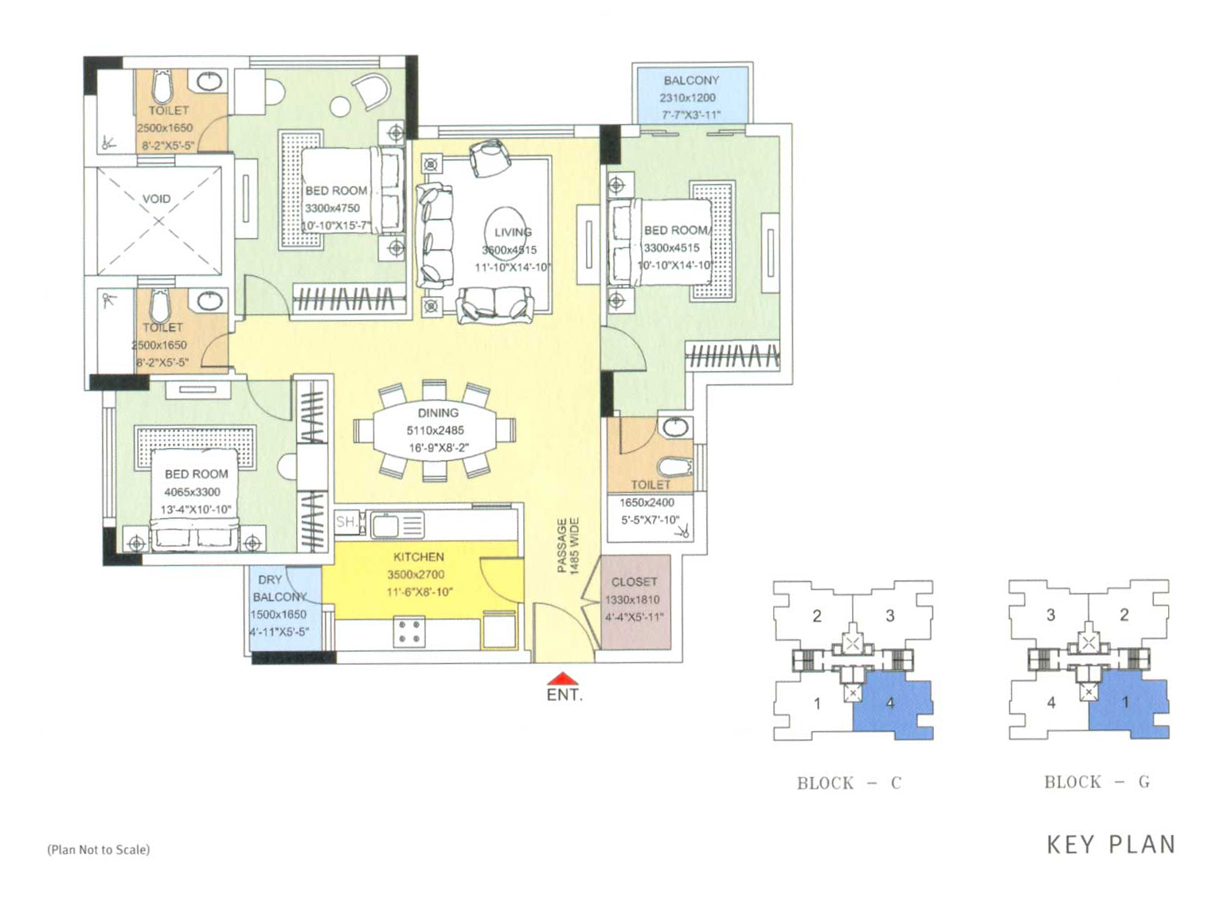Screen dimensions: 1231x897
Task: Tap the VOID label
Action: pyautogui.click(x=157, y=198)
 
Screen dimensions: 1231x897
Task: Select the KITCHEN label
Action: pyautogui.click(x=419, y=557)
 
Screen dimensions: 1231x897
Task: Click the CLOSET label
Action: pyautogui.click(x=634, y=582)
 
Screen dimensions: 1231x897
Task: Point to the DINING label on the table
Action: pyautogui.click(x=438, y=413)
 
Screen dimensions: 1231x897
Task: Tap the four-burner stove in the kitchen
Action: pyautogui.click(x=408, y=632)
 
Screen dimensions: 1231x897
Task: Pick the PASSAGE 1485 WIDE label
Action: pyautogui.click(x=569, y=546)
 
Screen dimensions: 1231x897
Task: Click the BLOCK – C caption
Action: pyautogui.click(x=850, y=783)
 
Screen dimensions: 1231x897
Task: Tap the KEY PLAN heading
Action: pyautogui.click(x=1111, y=844)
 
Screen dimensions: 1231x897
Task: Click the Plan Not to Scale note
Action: pyautogui.click(x=99, y=850)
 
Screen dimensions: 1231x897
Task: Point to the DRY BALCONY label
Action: pyautogui.click(x=279, y=588)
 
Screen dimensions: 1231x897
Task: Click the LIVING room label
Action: pyautogui.click(x=513, y=232)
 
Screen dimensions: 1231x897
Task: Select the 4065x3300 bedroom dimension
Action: pyautogui.click(x=193, y=492)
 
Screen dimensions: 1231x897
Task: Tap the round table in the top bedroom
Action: pyautogui.click(x=341, y=106)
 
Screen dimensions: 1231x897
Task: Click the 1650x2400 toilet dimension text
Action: pyautogui.click(x=647, y=502)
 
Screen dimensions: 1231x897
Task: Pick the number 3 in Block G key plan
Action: pyautogui.click(x=1051, y=614)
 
